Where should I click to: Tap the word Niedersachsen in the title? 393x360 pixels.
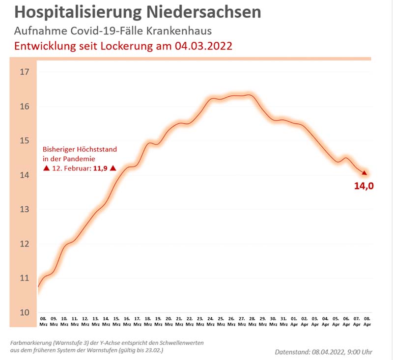click(x=209, y=12)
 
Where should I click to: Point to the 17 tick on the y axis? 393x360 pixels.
click(x=25, y=72)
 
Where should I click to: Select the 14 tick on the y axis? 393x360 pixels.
click(x=25, y=175)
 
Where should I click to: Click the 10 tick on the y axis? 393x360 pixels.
click(x=25, y=312)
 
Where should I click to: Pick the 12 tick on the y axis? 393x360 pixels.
click(x=25, y=244)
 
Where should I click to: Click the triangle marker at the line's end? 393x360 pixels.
click(x=365, y=172)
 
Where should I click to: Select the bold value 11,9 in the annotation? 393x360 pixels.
click(x=100, y=168)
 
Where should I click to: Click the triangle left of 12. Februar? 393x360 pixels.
click(x=46, y=168)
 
